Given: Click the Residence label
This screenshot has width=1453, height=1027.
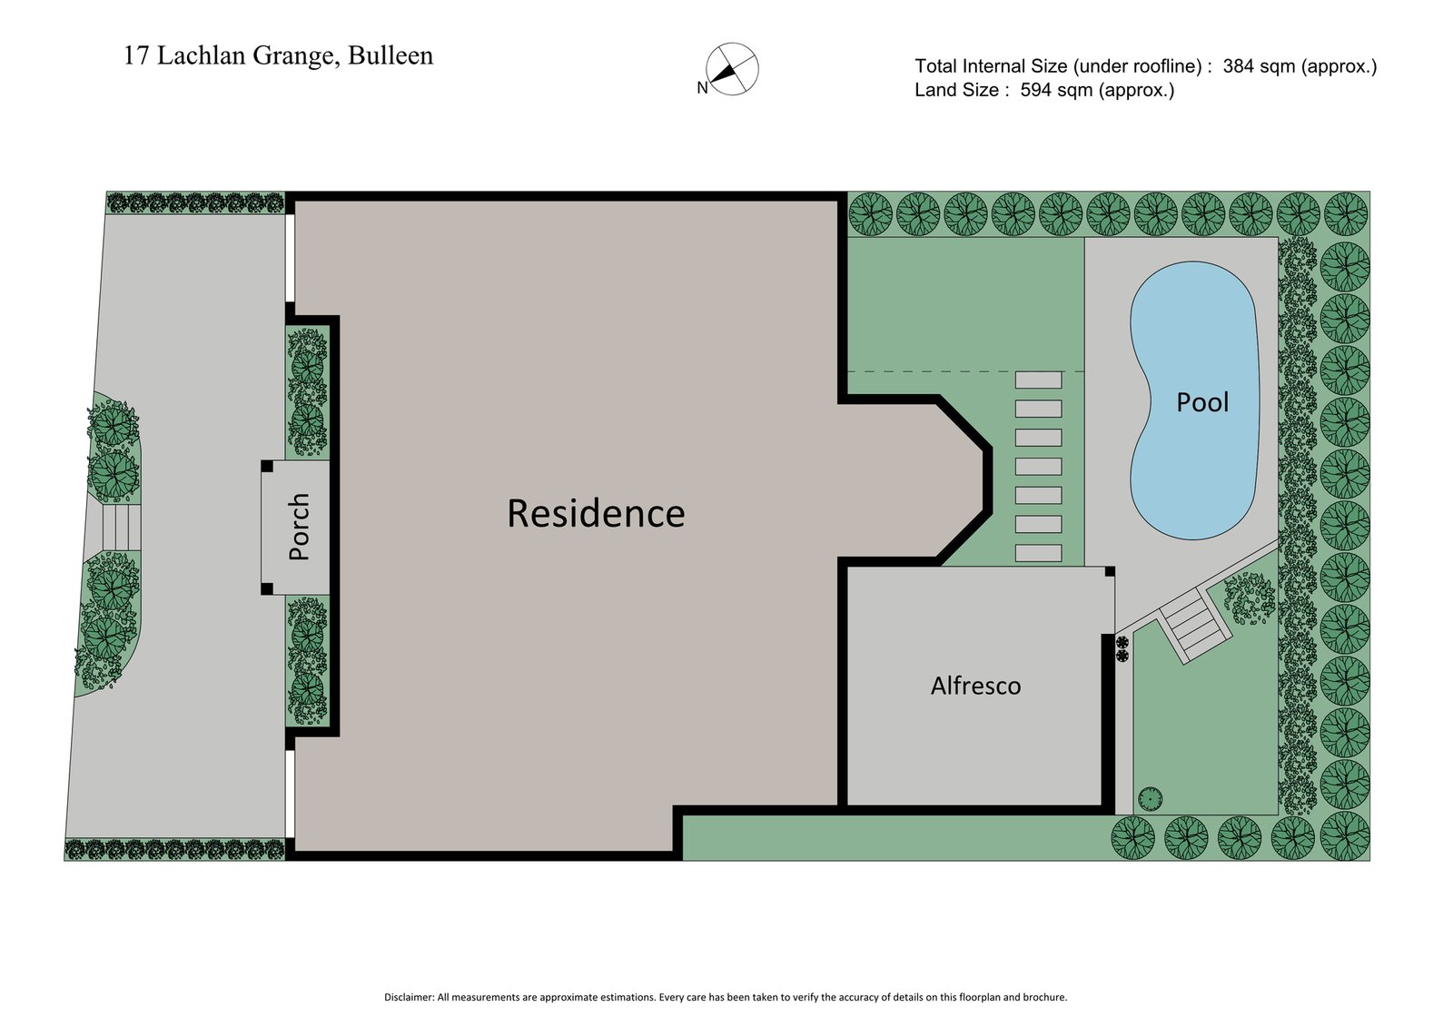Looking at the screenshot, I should (x=596, y=513).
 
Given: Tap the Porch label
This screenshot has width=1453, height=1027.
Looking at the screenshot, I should (x=299, y=527).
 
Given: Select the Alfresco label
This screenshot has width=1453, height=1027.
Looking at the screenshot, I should (x=975, y=686).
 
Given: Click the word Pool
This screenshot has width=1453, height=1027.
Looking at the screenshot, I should (x=1202, y=402).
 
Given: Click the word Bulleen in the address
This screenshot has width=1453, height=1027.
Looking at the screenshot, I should (x=390, y=55).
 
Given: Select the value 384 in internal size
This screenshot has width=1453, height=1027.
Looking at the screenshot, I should (x=1240, y=66).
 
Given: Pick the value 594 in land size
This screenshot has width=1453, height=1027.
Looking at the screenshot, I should (x=1038, y=90).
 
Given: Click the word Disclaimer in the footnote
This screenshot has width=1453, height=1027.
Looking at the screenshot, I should (x=409, y=997).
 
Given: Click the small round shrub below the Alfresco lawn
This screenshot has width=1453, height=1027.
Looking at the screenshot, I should (x=1149, y=799).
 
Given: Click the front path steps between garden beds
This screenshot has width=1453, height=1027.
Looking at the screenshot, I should (x=121, y=527).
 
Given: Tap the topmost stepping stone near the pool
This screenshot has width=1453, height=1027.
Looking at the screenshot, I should (x=1038, y=380).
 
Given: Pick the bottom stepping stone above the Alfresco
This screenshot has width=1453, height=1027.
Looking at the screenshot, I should (x=1038, y=552).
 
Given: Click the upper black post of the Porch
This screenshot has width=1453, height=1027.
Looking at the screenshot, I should (x=267, y=466).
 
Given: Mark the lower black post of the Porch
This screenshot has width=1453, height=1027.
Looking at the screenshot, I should (x=267, y=588).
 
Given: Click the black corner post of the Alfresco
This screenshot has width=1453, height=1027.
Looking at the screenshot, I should (x=1110, y=571).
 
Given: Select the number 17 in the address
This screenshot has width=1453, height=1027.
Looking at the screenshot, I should (x=135, y=55).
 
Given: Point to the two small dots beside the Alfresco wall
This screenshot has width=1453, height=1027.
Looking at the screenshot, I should (x=1122, y=648).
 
